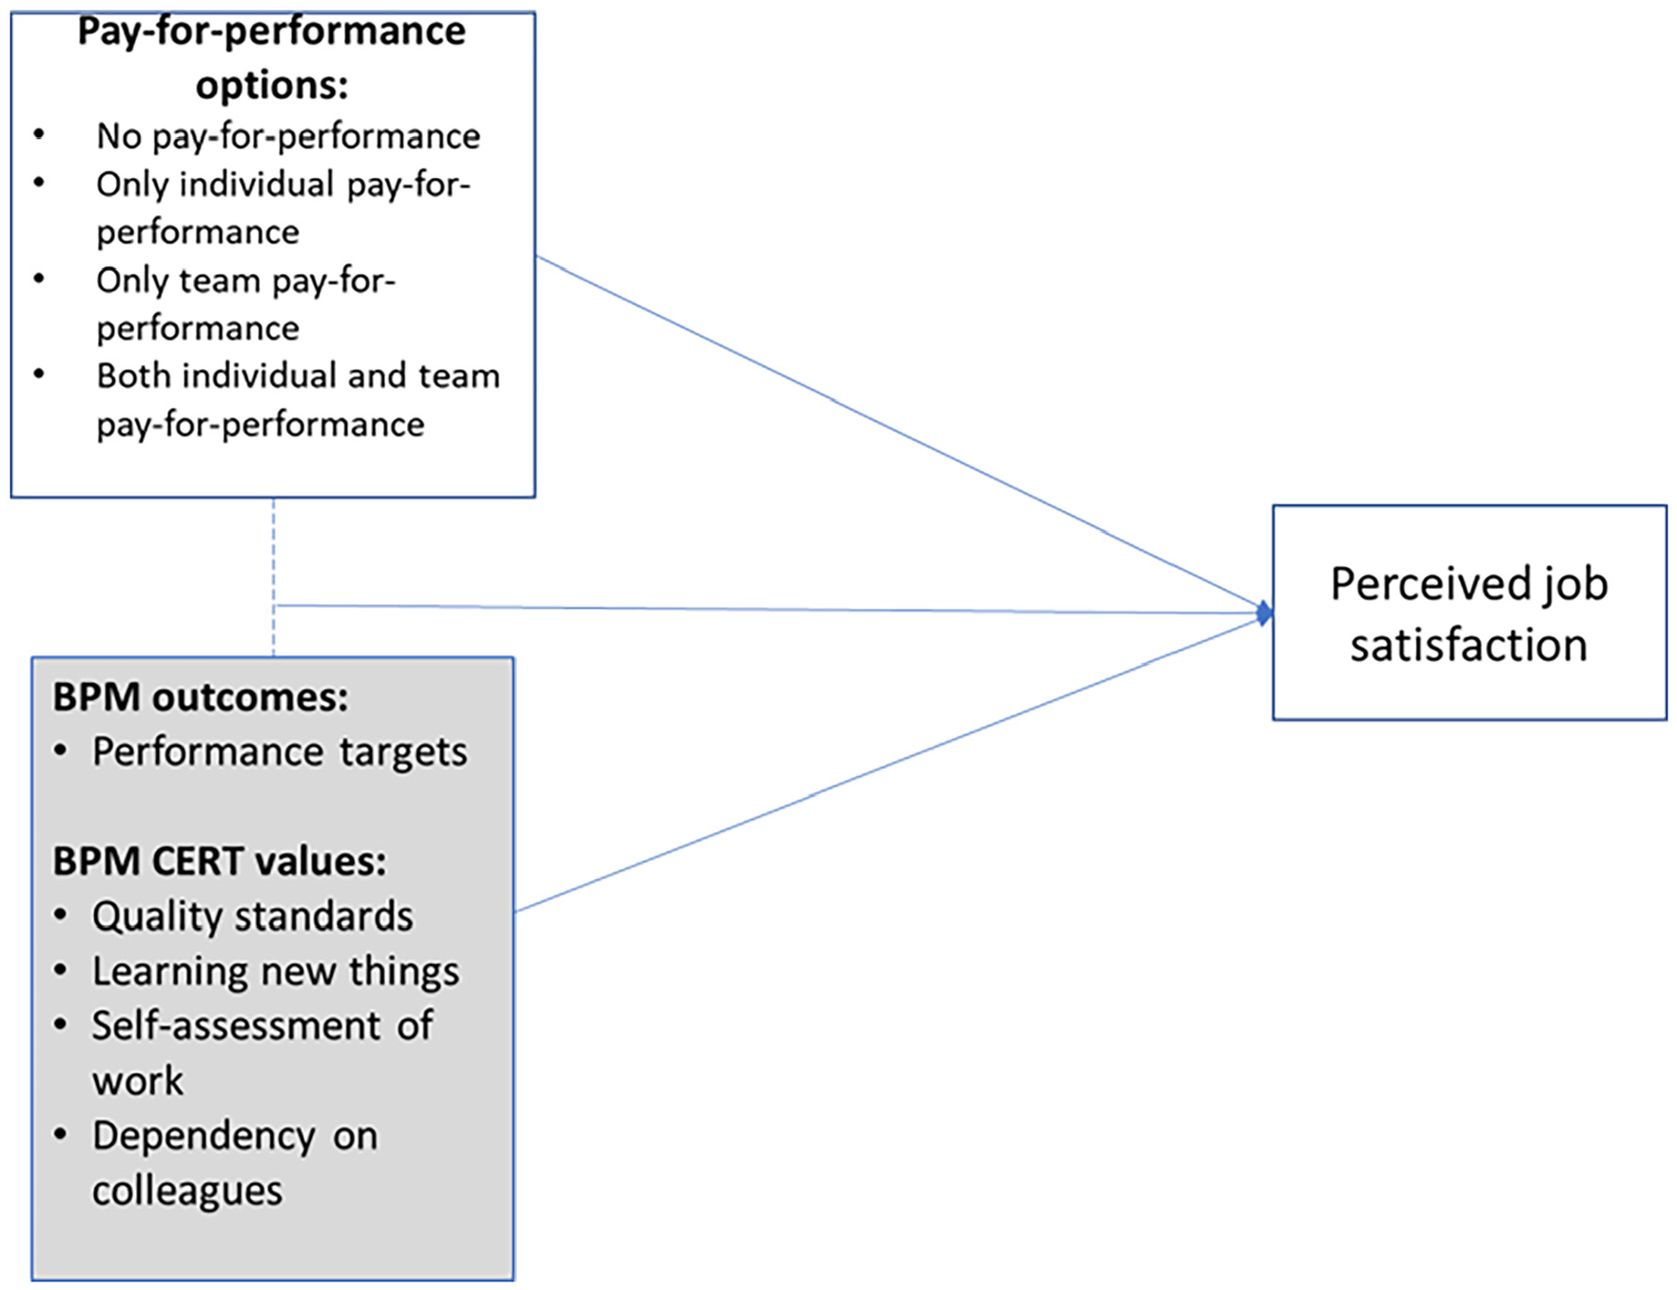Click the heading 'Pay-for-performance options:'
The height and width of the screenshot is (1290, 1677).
(272, 57)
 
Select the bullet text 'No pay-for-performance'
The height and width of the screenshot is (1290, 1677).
(288, 136)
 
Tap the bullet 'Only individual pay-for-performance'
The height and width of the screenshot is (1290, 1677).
(283, 207)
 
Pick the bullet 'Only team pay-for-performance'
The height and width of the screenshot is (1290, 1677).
(246, 303)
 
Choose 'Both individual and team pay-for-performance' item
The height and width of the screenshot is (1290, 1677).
(298, 400)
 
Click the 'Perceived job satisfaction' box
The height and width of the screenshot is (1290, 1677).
(1470, 613)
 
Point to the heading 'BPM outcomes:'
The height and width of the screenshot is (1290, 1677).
(201, 697)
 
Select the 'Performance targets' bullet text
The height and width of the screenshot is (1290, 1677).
(280, 752)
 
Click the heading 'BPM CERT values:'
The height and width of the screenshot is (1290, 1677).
(220, 861)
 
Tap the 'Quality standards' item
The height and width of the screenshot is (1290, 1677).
(253, 916)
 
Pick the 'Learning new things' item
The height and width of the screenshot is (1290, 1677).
(276, 971)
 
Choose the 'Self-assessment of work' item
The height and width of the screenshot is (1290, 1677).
(263, 1053)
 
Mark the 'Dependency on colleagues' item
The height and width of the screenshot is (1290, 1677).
(235, 1163)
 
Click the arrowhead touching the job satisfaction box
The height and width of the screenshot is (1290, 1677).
(1264, 614)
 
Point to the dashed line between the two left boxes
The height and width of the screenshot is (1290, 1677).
(274, 577)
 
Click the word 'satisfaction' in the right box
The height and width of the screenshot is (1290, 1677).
(1469, 645)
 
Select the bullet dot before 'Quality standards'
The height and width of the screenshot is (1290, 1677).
(61, 915)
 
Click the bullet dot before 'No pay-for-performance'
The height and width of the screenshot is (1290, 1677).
(39, 134)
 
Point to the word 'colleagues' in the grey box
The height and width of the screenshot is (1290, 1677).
(187, 1191)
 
